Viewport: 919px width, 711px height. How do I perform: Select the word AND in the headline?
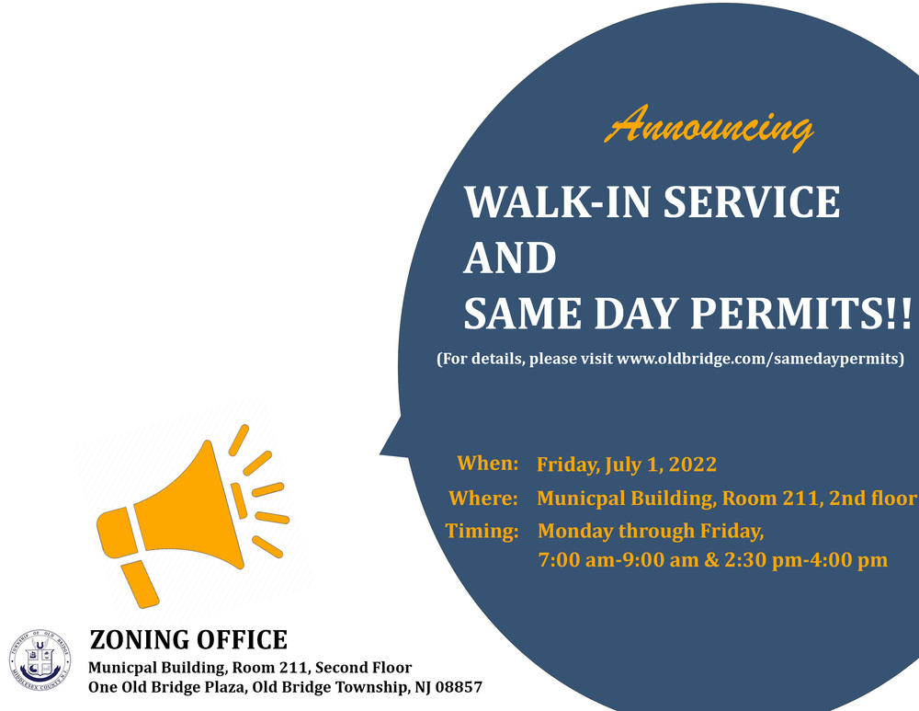[x=510, y=258]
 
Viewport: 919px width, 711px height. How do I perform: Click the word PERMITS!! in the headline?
[x=810, y=315]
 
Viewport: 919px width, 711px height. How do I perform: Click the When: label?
[x=488, y=464]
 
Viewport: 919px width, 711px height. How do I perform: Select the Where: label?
[x=483, y=499]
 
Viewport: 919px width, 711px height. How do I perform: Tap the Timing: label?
[x=482, y=531]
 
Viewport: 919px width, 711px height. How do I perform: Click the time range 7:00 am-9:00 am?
[x=619, y=560]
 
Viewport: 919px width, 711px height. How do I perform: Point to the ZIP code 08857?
[x=458, y=687]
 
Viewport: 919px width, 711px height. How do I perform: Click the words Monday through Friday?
[x=651, y=531]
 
